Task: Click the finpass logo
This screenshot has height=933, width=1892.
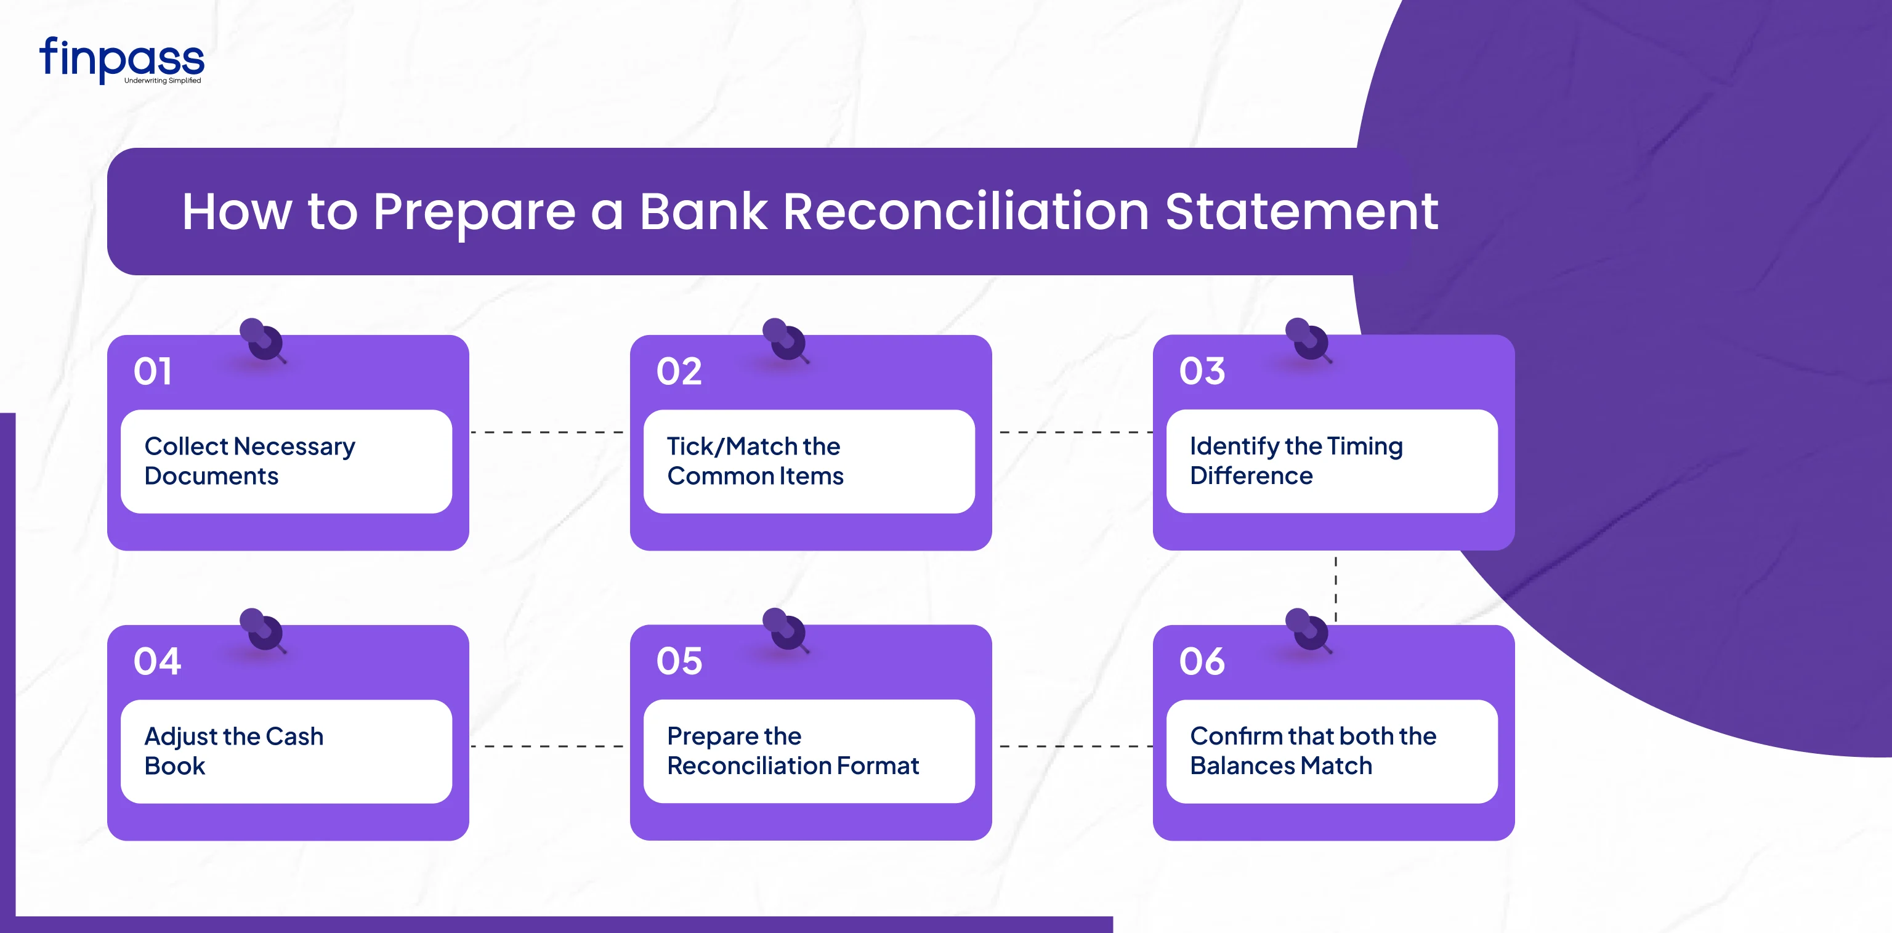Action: pos(122,60)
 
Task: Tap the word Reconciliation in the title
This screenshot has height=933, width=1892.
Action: pos(966,212)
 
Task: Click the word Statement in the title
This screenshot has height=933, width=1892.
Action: pos(1301,212)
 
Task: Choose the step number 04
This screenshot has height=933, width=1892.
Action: pos(157,661)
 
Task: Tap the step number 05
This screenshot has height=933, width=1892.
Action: pos(679,661)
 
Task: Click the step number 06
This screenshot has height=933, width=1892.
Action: pos(1202,661)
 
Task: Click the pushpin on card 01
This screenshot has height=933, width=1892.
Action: pos(262,339)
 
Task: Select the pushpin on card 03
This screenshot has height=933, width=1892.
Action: pos(1308,339)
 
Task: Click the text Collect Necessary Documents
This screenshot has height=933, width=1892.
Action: pos(249,461)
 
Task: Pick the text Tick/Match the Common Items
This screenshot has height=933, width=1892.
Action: pos(755,461)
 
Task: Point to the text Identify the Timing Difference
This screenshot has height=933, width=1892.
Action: pos(1296,461)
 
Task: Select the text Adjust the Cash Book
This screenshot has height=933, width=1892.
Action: pos(233,751)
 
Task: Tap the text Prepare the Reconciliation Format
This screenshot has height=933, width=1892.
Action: pos(793,751)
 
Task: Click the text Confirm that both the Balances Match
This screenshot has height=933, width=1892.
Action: pos(1313,751)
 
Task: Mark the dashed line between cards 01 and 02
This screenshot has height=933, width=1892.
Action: pos(547,432)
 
